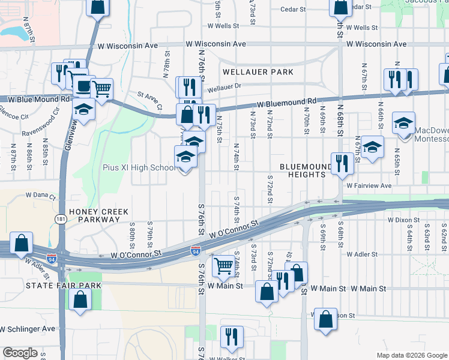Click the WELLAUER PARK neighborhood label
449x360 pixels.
coord(258,72)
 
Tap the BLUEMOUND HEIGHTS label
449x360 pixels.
coord(306,170)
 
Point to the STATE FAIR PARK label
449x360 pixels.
coord(58,286)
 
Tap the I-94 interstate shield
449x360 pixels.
coord(196,249)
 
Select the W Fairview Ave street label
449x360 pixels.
coord(369,186)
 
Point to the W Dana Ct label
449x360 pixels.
coord(40,196)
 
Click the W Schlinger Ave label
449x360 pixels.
coord(28,329)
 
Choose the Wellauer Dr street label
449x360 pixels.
coord(224,86)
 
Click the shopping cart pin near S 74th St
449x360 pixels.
coord(224,265)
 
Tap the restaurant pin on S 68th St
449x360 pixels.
coord(342,163)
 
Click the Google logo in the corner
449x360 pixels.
coord(20,353)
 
